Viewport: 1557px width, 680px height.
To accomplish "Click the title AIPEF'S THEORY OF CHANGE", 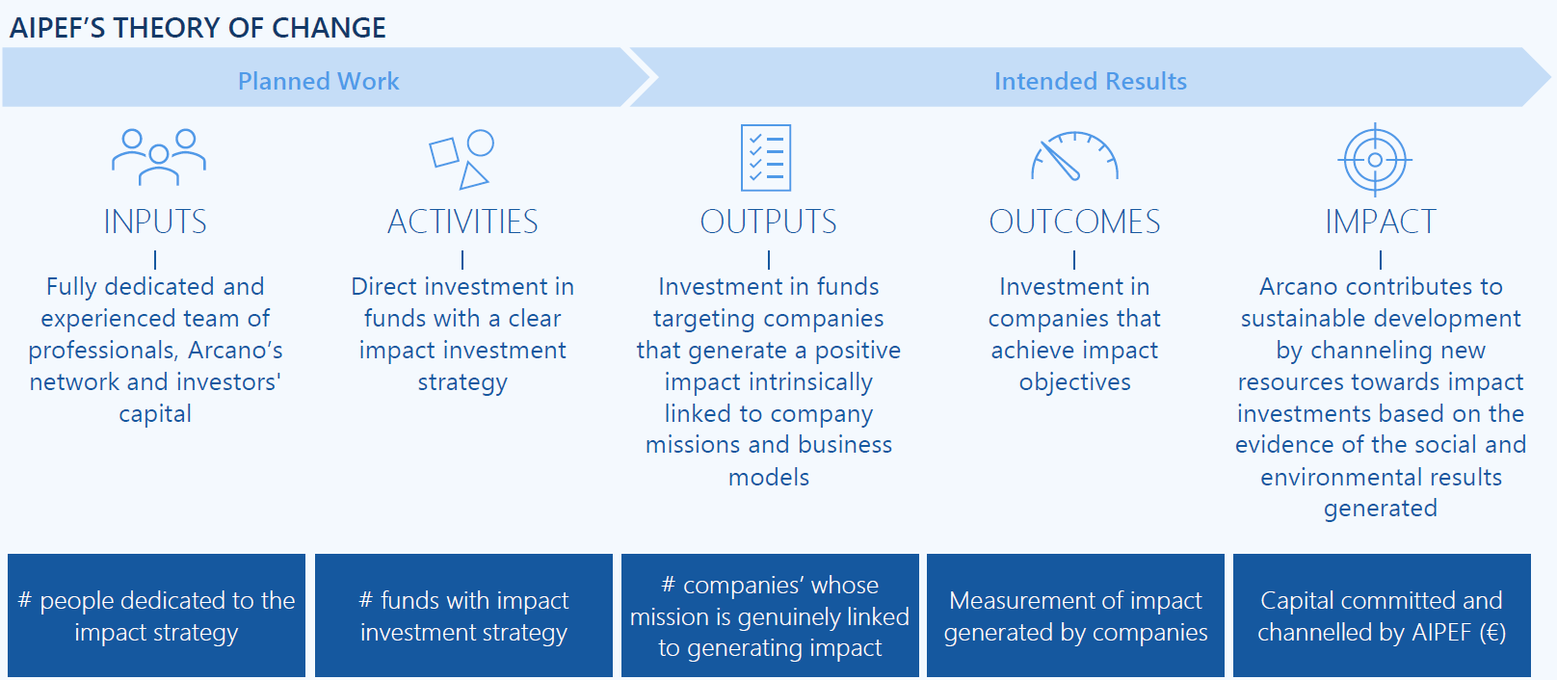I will pyautogui.click(x=198, y=28).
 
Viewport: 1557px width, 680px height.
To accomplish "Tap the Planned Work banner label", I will pyautogui.click(x=318, y=81).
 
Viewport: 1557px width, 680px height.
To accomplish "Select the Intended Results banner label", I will pyautogui.click(x=1090, y=81).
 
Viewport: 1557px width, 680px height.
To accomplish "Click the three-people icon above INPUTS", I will pyautogui.click(x=159, y=156).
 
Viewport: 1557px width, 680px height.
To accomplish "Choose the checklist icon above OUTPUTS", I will pyautogui.click(x=766, y=158).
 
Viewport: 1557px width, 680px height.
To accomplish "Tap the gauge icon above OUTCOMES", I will pyautogui.click(x=1074, y=156).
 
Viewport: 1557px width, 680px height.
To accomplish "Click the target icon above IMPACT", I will pyautogui.click(x=1375, y=160).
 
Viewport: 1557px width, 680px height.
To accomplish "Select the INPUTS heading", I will pyautogui.click(x=155, y=222).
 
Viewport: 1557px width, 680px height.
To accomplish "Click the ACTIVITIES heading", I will pyautogui.click(x=462, y=222).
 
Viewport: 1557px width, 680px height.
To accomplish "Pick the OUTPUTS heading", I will pyautogui.click(x=768, y=222).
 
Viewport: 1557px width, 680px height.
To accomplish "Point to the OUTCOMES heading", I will pyautogui.click(x=1074, y=222).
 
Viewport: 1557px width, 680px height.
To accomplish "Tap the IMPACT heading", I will pyautogui.click(x=1380, y=222).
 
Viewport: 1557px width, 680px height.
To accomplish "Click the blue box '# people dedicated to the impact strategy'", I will pyautogui.click(x=156, y=615).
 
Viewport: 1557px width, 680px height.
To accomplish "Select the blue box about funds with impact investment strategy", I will pyautogui.click(x=463, y=615).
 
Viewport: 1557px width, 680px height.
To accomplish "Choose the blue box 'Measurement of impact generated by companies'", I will pyautogui.click(x=1075, y=615).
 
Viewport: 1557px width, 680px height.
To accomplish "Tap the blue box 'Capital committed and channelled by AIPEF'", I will pyautogui.click(x=1382, y=615).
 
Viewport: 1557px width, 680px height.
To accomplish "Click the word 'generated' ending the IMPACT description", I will pyautogui.click(x=1380, y=509).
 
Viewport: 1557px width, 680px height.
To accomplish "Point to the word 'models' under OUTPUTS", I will pyautogui.click(x=768, y=477).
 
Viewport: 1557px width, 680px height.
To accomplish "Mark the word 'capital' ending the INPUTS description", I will pyautogui.click(x=155, y=414).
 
